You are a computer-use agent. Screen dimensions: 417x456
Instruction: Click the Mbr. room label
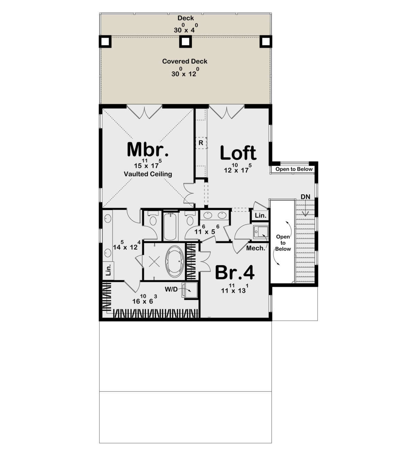click(148, 150)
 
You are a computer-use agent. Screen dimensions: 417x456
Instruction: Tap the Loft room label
click(238, 153)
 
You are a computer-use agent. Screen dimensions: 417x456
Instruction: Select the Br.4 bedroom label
click(235, 272)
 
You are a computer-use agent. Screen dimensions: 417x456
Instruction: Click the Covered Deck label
click(185, 61)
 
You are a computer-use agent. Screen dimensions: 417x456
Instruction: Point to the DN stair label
click(305, 197)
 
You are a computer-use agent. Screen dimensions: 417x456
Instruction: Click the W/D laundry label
click(171, 289)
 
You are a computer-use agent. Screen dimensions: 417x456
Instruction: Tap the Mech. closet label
click(256, 248)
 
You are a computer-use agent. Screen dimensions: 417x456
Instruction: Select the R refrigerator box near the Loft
click(201, 143)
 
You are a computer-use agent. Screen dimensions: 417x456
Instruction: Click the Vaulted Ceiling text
click(148, 174)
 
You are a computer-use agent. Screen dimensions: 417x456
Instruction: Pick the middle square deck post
click(186, 42)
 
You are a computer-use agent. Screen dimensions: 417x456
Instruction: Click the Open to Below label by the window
click(294, 169)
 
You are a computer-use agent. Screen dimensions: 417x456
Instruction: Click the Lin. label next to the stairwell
click(260, 215)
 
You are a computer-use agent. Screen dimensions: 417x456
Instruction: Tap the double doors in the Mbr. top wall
click(144, 112)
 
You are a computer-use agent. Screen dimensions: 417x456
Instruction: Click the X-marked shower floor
click(154, 261)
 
